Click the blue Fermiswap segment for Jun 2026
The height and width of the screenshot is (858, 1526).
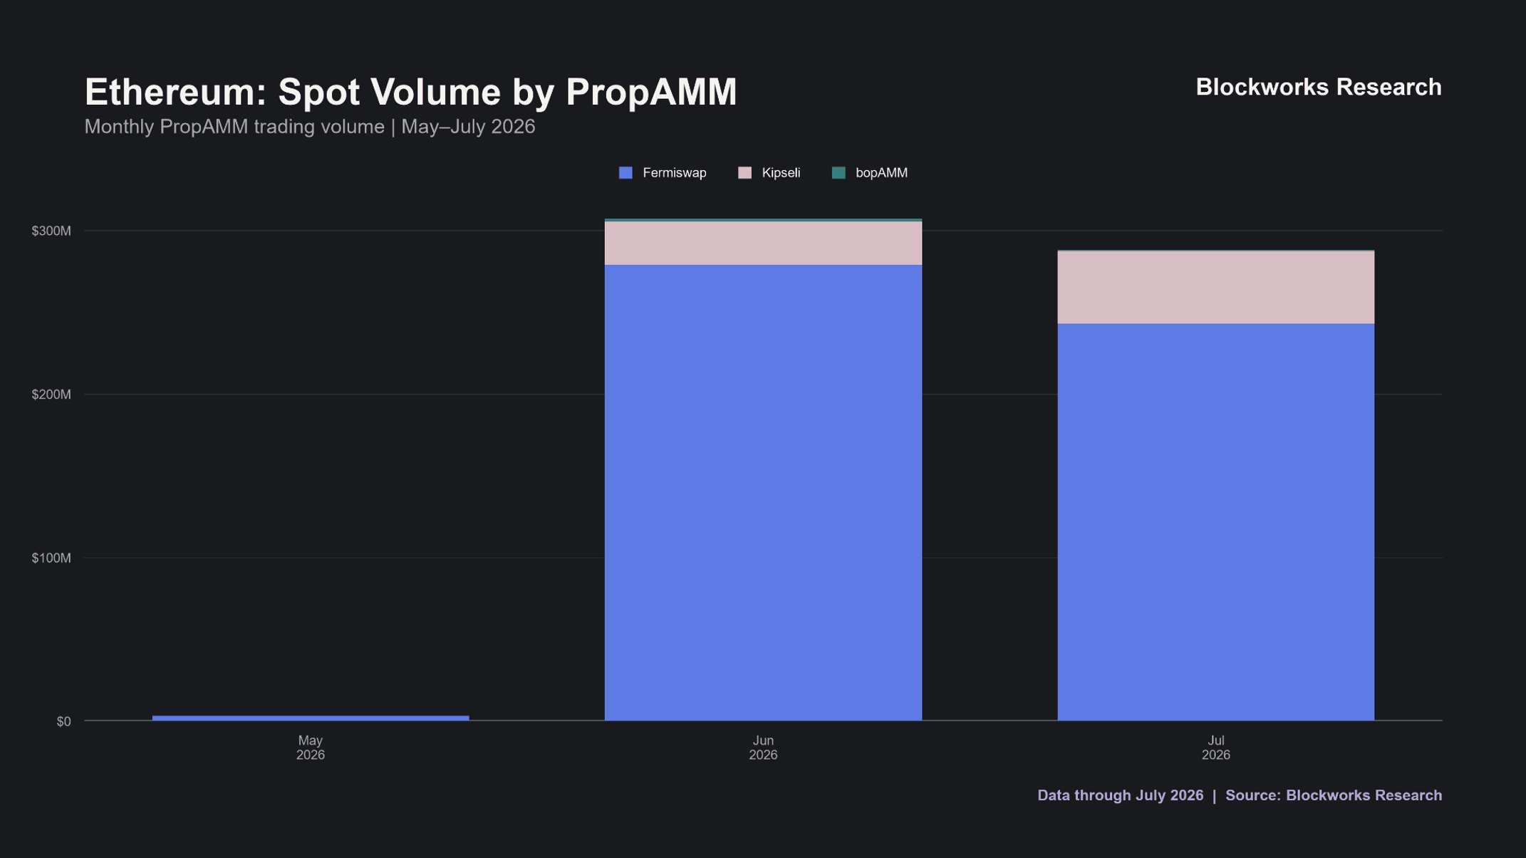[x=763, y=493]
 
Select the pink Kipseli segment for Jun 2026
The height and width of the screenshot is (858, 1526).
[x=763, y=244]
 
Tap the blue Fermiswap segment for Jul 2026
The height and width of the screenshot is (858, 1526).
[x=1215, y=522]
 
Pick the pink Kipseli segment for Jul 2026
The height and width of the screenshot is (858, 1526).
[x=1215, y=288]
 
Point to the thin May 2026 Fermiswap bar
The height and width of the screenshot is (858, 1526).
[x=311, y=718]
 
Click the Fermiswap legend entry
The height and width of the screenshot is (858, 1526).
[x=663, y=173]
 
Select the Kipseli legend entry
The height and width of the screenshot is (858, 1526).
[x=769, y=173]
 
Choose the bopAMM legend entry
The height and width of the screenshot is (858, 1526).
[x=870, y=173]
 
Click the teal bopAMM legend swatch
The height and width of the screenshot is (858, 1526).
[x=839, y=173]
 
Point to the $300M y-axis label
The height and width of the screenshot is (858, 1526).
[x=51, y=231]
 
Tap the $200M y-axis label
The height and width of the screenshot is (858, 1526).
[x=51, y=394]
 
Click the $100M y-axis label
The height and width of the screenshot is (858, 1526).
[x=51, y=558]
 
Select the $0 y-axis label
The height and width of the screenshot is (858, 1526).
[x=64, y=721]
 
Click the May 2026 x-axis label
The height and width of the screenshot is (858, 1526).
[x=311, y=748]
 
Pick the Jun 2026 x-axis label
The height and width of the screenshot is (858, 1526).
[x=763, y=748]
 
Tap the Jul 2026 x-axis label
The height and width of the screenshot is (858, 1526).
[x=1215, y=748]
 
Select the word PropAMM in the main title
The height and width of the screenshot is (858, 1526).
[x=651, y=93]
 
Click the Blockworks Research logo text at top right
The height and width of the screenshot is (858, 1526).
[x=1319, y=87]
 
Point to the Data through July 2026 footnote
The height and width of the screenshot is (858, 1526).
[x=1120, y=795]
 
